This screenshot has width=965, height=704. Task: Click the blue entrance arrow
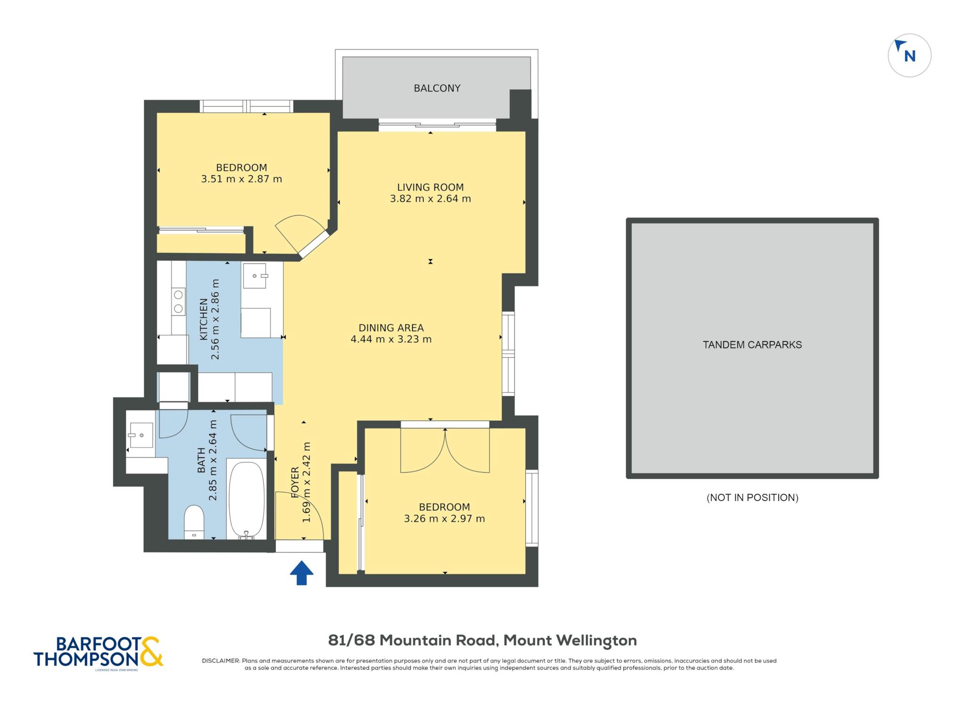coord(302,573)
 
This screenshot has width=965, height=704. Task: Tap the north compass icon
coord(909,55)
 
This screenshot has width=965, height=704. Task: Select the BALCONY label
coord(437,88)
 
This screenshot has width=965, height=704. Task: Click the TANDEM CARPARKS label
coord(752,344)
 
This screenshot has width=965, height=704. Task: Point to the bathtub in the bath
coord(246,499)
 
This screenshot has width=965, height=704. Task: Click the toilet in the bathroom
coord(194,522)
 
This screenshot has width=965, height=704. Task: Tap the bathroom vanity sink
coord(140,434)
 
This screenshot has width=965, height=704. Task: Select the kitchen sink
coord(255,276)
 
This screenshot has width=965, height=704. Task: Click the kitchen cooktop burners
coord(179,302)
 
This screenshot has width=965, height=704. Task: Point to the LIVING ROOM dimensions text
coord(430,199)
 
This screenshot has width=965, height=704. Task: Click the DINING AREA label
coord(391,327)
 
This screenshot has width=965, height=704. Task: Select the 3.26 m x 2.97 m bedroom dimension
coord(444,519)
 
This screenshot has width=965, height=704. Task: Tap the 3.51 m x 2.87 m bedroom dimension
coord(242,179)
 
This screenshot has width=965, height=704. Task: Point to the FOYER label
coord(295,482)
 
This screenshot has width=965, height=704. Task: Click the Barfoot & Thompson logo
coord(98,653)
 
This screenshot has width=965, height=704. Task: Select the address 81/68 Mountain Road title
coord(482,640)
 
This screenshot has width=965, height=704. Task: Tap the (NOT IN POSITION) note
coord(752,498)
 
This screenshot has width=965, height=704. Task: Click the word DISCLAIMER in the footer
coord(221,661)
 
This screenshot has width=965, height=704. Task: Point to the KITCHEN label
coord(204,319)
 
